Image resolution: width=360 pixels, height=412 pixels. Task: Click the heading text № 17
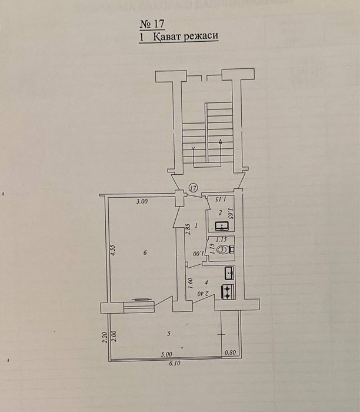(151, 24)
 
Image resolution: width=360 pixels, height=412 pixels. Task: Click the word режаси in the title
(198, 36)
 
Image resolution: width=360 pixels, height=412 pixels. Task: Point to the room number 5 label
(169, 334)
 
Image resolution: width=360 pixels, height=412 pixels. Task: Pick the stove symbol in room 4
(226, 290)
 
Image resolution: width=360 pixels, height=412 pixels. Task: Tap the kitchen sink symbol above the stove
(229, 273)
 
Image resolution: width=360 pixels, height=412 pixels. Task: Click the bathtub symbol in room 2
(222, 225)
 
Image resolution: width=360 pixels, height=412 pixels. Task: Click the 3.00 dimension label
(141, 201)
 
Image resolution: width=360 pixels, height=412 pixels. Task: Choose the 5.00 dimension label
(166, 354)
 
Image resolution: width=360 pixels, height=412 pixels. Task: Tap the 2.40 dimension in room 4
(201, 293)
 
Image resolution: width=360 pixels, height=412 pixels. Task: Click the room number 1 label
(196, 225)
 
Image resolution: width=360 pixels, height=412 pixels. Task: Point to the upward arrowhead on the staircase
(219, 141)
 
